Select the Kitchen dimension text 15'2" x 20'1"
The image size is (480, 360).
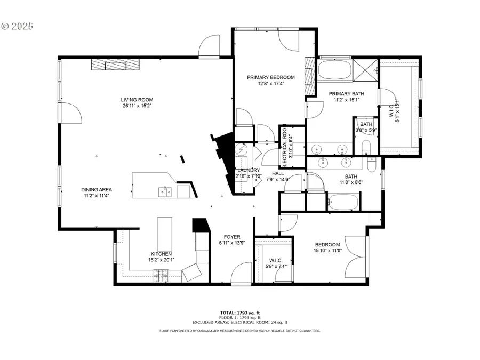point(161,260)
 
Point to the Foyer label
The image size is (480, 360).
point(232,237)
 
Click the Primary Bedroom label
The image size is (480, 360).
point(270,77)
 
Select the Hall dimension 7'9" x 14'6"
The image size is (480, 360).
point(278,180)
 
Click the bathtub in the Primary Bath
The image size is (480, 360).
point(335,70)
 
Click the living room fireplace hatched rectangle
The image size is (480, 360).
point(113,65)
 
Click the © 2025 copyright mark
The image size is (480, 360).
point(17,25)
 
